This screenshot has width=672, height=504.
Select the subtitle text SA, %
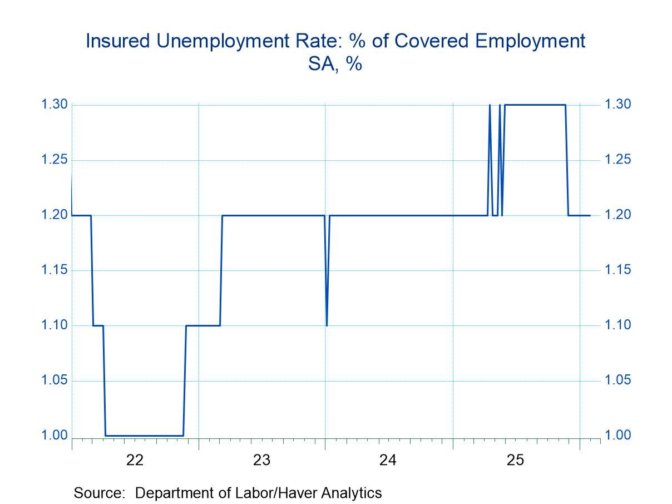point(335,65)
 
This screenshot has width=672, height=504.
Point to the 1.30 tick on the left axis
point(54,105)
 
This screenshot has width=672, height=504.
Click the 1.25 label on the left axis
point(54,160)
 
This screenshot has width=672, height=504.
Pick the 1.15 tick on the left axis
point(54,270)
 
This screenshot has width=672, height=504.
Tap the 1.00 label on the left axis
point(54,436)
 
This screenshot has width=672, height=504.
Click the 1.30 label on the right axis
point(619,105)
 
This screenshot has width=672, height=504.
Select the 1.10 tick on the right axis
point(619,325)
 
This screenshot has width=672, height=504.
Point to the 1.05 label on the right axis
point(619,381)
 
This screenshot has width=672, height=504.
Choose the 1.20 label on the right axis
point(619,215)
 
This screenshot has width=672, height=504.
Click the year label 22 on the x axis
point(135,460)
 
